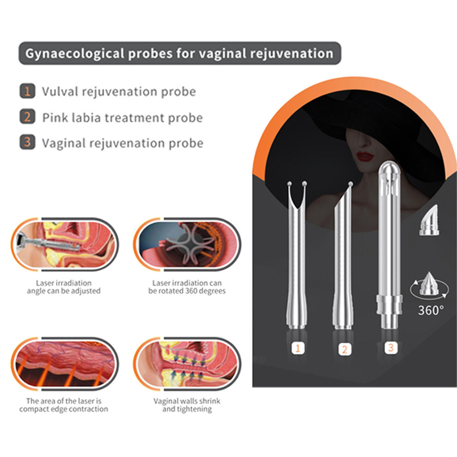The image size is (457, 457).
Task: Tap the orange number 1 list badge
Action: tap(27, 91)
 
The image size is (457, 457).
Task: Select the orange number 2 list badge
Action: tap(27, 117)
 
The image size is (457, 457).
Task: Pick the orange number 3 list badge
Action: tap(27, 143)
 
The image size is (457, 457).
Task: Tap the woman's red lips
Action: tap(365, 156)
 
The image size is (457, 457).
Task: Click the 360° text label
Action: tap(430, 310)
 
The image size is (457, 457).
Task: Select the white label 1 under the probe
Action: tap(298, 348)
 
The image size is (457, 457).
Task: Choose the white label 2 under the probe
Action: tap(344, 349)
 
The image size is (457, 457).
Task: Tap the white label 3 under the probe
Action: tap(390, 347)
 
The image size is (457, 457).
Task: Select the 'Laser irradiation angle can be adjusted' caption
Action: tap(64, 287)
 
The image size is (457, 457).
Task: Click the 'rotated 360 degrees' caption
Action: tap(187, 287)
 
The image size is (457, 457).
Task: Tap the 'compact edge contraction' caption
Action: tap(64, 405)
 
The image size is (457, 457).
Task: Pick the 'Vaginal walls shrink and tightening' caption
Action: tap(187, 405)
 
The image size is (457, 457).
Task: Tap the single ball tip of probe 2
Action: tap(350, 184)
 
